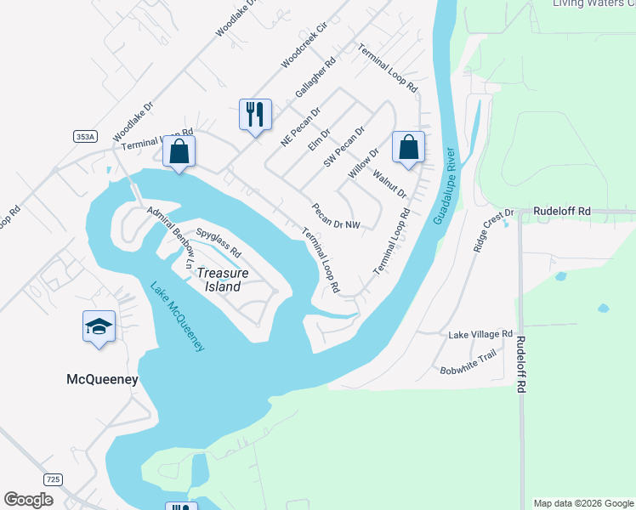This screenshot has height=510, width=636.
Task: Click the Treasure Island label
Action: tap(223, 280)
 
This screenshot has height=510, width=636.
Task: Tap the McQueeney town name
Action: tap(102, 380)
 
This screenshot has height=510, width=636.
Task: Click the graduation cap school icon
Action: tap(99, 326)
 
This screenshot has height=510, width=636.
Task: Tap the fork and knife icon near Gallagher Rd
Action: tap(255, 114)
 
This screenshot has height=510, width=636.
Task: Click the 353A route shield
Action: tap(85, 136)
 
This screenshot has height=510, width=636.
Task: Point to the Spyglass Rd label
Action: tap(219, 241)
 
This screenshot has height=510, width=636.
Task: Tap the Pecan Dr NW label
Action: tap(336, 216)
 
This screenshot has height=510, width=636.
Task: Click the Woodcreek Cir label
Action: tap(304, 52)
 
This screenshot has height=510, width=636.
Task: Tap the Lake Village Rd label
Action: tap(480, 335)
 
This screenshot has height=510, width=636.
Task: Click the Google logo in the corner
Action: tap(29, 499)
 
